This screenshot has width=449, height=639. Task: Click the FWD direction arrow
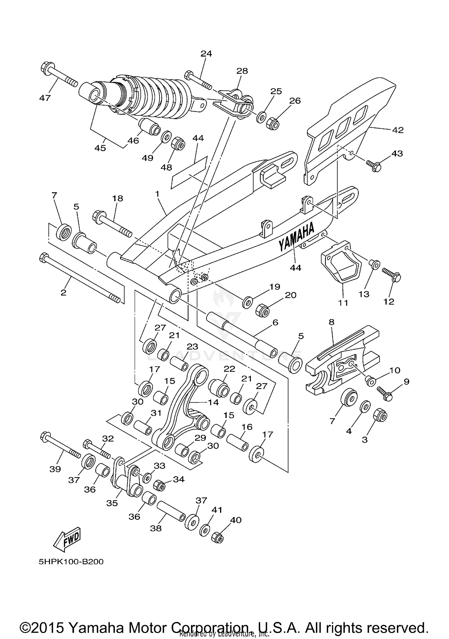tap(67, 539)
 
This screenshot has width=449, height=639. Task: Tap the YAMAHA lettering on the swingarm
tap(297, 237)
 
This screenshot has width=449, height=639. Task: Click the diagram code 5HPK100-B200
tap(71, 562)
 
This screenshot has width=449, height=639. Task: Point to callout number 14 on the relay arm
tap(213, 402)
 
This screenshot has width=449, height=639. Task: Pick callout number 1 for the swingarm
tap(157, 194)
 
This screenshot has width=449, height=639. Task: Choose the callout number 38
tap(156, 528)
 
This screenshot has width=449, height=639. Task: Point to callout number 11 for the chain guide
tap(343, 303)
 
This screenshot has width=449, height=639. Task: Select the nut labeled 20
tap(263, 311)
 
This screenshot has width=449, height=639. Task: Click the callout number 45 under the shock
tap(100, 148)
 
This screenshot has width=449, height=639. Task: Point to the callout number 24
tap(206, 54)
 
